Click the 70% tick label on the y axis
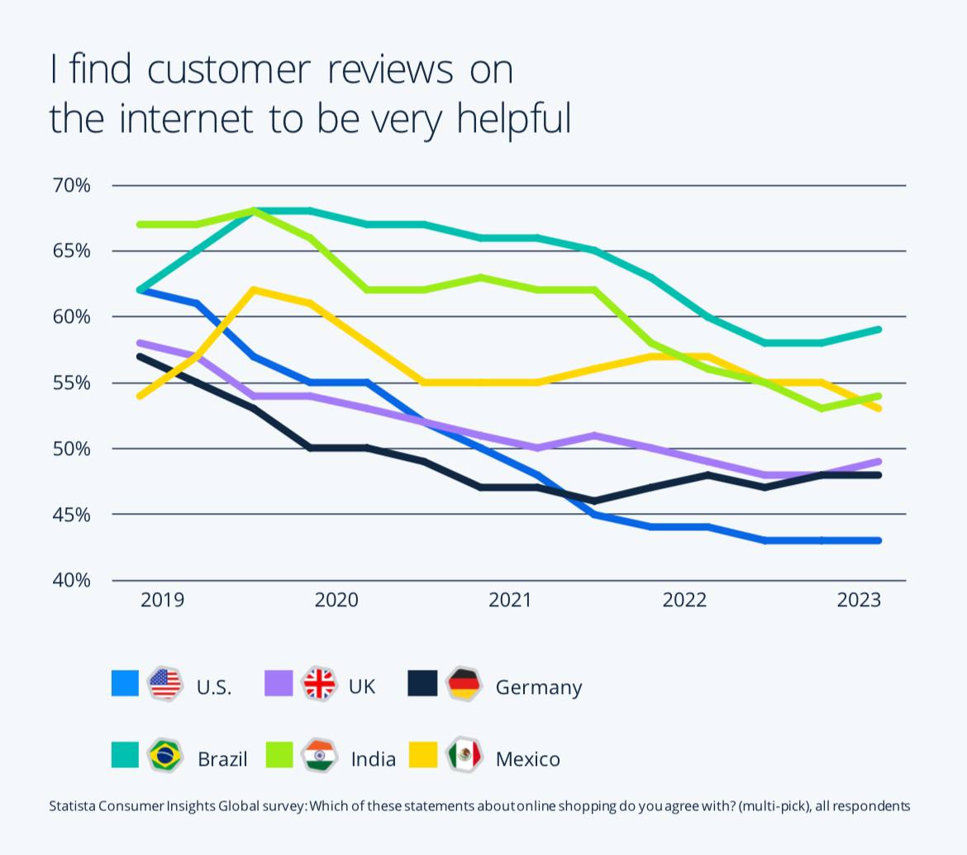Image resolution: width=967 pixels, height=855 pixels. (x=71, y=185)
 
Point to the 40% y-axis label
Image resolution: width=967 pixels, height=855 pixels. (x=71, y=581)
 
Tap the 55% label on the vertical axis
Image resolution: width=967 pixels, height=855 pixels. (x=71, y=382)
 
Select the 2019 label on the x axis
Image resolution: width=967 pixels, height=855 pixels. (x=163, y=600)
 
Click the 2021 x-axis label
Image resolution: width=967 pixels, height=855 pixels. (x=510, y=600)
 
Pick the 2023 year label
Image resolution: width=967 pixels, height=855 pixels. (x=859, y=600)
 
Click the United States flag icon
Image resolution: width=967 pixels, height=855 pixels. (x=164, y=684)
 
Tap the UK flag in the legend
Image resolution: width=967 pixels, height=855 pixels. (x=319, y=684)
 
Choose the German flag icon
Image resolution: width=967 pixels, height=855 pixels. (x=464, y=684)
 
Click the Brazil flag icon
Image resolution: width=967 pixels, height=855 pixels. (x=164, y=755)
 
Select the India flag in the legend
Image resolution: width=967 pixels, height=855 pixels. (x=319, y=755)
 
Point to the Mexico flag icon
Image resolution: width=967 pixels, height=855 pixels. (x=464, y=755)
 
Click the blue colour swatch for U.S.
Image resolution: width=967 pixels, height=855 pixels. (x=125, y=683)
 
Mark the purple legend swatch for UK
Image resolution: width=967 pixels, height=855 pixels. (x=279, y=683)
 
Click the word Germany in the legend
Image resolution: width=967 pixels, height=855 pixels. (x=539, y=687)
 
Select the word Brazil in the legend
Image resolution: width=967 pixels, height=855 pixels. (x=222, y=759)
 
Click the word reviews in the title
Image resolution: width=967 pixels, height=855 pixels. (x=390, y=70)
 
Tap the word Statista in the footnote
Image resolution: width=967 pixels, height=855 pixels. (x=71, y=805)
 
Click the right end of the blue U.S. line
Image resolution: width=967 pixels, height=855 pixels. (x=878, y=540)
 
